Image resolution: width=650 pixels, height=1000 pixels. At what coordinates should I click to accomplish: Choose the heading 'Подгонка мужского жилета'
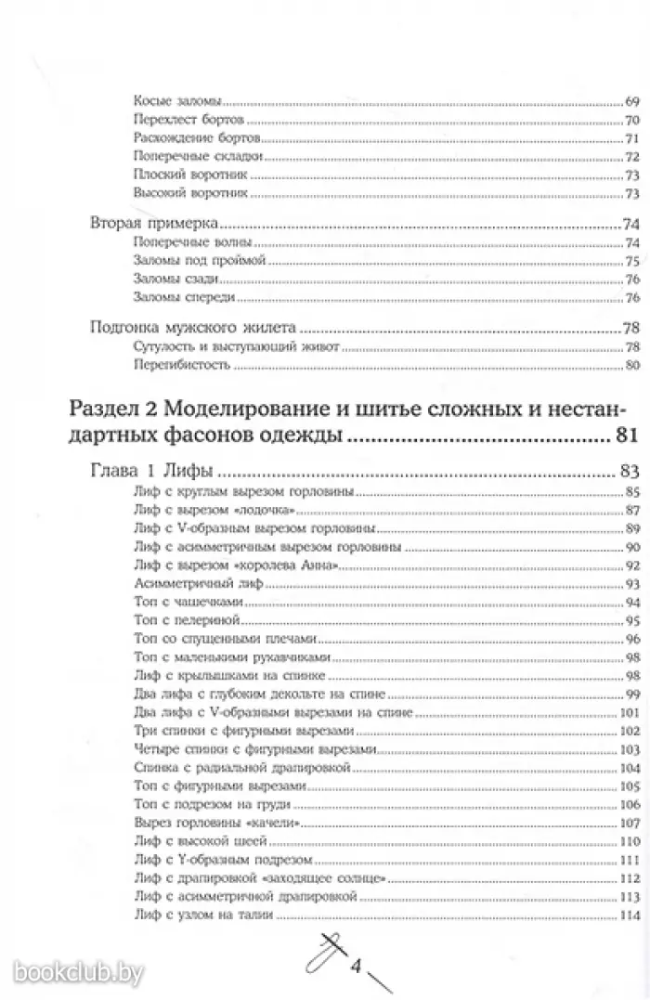pos(193,329)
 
